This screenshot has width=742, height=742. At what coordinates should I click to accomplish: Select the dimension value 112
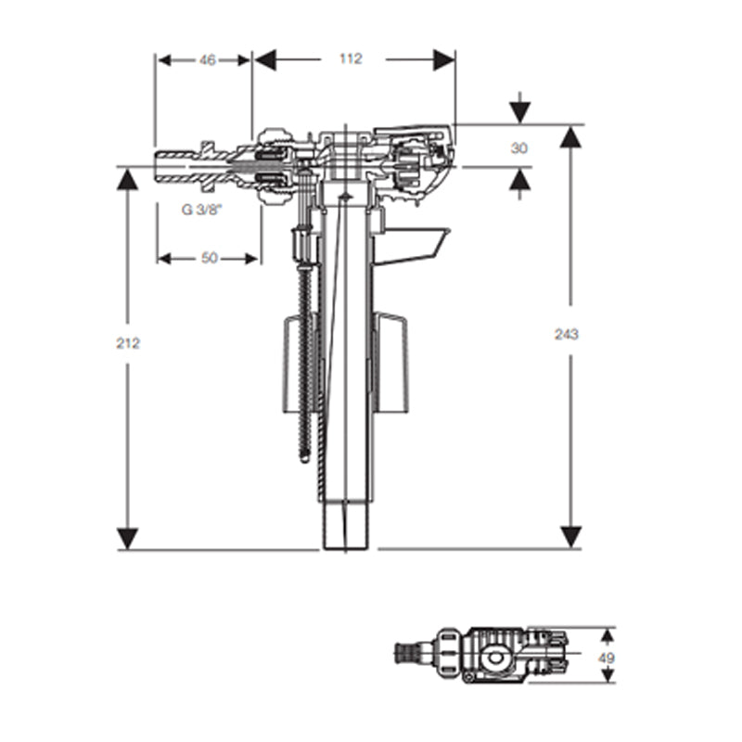click(350, 58)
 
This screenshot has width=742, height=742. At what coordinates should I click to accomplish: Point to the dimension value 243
click(566, 334)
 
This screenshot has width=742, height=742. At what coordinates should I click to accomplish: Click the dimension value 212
click(128, 342)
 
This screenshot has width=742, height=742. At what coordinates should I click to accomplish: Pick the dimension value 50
click(209, 258)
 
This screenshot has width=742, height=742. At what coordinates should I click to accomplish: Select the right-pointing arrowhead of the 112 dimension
click(445, 59)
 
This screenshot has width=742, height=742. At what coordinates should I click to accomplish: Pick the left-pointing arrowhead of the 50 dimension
click(166, 258)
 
